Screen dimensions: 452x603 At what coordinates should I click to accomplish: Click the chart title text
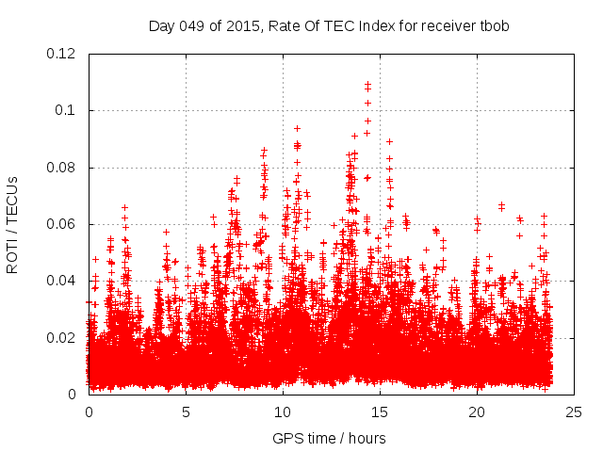329,25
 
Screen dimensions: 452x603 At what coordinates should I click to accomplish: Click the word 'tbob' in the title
494,25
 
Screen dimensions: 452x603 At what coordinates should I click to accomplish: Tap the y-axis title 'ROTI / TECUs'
12,224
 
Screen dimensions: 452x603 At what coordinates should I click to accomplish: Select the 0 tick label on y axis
73,394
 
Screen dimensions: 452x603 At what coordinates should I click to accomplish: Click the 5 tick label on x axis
186,412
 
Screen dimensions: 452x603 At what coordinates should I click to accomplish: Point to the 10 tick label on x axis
283,412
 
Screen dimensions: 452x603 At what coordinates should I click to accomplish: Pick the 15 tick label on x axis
380,412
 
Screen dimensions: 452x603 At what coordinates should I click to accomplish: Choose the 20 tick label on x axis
477,412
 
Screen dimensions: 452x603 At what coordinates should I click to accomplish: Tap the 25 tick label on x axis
574,412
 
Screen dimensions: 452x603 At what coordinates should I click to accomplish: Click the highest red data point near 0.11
367,84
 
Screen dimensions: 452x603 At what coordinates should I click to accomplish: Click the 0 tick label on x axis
89,412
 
